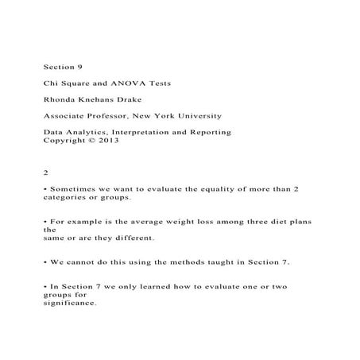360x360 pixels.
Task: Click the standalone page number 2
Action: [45, 172]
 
